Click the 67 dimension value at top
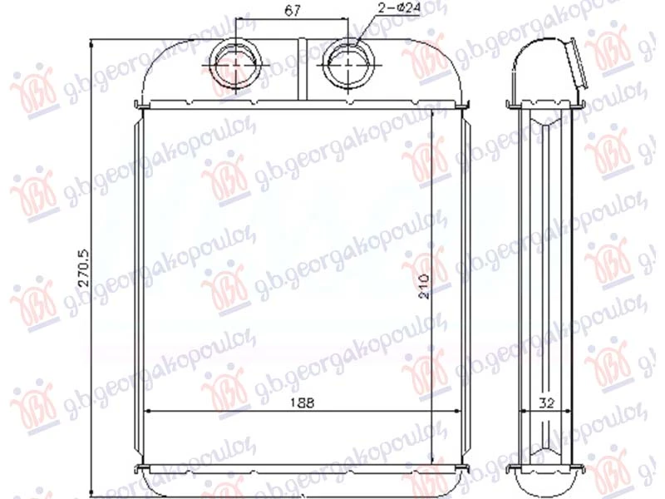[x=293, y=10]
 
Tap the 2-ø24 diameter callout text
[x=398, y=7]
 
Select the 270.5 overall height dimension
[x=84, y=267]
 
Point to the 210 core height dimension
[x=423, y=286]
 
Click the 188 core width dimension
[x=303, y=403]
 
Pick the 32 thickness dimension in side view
[x=547, y=403]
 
